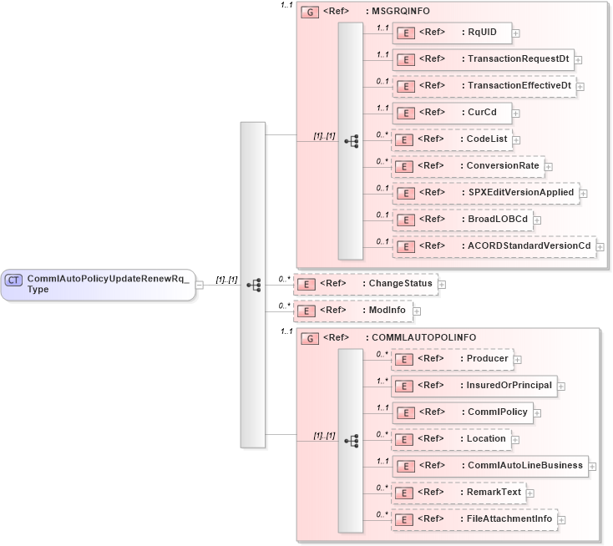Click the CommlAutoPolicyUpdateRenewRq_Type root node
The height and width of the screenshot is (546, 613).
99,284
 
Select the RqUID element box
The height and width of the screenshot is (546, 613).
452,33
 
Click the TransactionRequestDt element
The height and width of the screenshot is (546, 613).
483,59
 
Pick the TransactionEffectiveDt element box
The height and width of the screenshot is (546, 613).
484,86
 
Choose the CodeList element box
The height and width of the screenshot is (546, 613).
452,139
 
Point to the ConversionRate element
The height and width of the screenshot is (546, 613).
468,166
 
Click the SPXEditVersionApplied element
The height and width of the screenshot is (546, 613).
485,193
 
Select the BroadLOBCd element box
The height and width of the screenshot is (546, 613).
463,220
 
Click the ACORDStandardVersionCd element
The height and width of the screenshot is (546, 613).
494,246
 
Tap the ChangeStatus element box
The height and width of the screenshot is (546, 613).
364,284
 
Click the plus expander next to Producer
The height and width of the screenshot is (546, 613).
518,359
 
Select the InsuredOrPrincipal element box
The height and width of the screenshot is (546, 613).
474,386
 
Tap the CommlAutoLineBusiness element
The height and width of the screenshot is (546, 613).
490,466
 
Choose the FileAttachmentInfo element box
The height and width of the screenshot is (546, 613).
475,519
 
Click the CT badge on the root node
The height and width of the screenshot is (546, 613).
13,280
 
